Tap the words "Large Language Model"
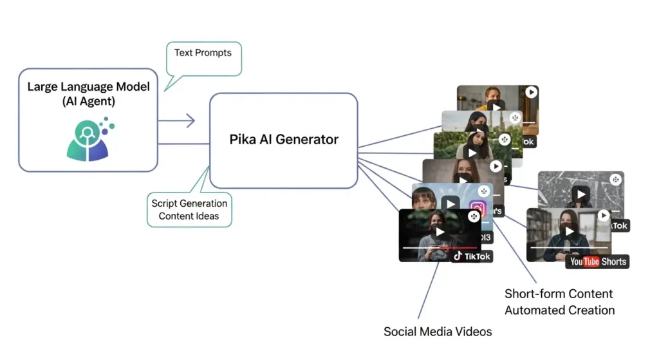coord(88,86)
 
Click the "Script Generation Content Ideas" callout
coord(189,209)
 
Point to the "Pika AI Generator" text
coord(284,139)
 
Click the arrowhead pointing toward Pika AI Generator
coord(190,120)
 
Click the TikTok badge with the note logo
coord(472,256)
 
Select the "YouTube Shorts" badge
coord(597,261)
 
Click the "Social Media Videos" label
coord(438,332)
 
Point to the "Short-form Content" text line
coord(559,294)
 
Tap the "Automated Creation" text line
coord(559,310)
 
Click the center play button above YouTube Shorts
coord(568,230)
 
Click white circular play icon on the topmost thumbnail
coord(531,92)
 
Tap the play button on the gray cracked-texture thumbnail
coord(581,194)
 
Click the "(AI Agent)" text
coord(88,101)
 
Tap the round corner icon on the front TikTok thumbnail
coord(474,216)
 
